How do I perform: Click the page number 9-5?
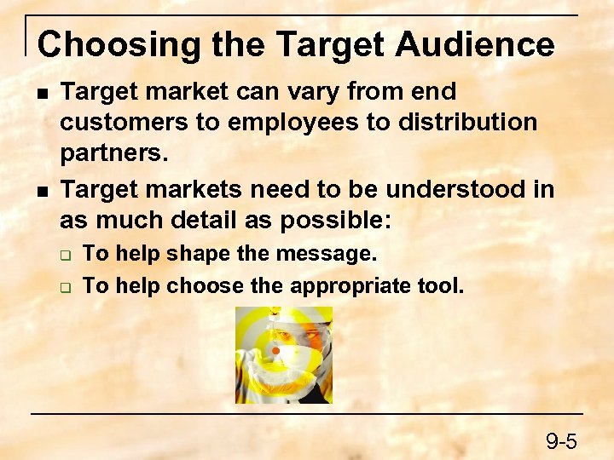(x=562, y=441)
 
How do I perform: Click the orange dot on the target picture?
(x=275, y=351)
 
